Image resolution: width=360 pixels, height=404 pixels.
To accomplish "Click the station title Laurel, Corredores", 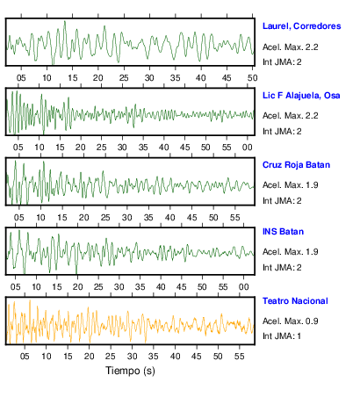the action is (x=301, y=26).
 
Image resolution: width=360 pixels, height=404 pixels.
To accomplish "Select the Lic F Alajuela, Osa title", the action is (x=301, y=96).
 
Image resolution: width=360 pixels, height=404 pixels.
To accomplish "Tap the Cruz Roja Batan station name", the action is (x=296, y=165).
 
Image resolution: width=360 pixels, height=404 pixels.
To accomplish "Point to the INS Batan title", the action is (x=283, y=232).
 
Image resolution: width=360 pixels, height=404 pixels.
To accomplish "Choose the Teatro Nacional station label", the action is (x=295, y=301).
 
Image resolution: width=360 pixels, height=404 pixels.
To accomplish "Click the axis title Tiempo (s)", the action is (x=130, y=371).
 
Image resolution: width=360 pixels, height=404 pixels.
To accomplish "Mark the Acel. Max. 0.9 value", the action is (x=291, y=321).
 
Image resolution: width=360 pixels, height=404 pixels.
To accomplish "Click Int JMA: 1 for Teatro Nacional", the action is (x=282, y=335).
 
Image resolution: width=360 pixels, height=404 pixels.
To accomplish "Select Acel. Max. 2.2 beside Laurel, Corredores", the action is (x=291, y=47).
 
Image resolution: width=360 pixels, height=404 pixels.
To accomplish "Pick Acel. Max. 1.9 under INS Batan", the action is (x=291, y=252).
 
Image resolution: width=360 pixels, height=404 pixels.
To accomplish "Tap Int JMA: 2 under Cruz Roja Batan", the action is (x=282, y=201).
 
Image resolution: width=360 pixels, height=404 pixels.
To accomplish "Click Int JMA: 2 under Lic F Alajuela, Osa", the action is (x=282, y=132).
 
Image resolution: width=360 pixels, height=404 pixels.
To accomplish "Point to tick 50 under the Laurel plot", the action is (x=252, y=78).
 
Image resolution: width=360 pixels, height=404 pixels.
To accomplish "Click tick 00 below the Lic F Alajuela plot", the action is (x=248, y=148).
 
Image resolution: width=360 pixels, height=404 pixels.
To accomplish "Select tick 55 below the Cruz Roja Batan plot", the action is (x=235, y=218).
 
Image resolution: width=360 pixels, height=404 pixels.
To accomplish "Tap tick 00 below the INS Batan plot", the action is (x=243, y=287).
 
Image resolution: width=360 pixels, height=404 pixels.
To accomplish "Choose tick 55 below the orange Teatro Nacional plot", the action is (x=239, y=357).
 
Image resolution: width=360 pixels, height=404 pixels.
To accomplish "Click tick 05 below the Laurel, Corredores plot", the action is (x=21, y=78).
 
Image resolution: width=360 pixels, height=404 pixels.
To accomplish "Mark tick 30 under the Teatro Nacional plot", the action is (x=132, y=357).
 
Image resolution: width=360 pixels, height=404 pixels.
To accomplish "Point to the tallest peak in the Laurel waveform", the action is (x=65, y=21).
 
